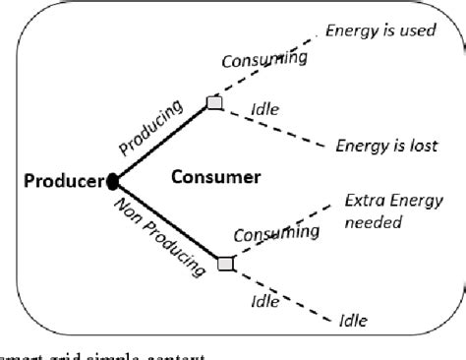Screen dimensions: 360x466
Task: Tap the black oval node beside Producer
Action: pyautogui.click(x=114, y=181)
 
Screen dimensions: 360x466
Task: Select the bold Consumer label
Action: pyautogui.click(x=215, y=178)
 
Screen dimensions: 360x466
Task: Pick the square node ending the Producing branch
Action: pyautogui.click(x=214, y=102)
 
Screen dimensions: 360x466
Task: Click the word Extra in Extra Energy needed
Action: pyautogui.click(x=364, y=203)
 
